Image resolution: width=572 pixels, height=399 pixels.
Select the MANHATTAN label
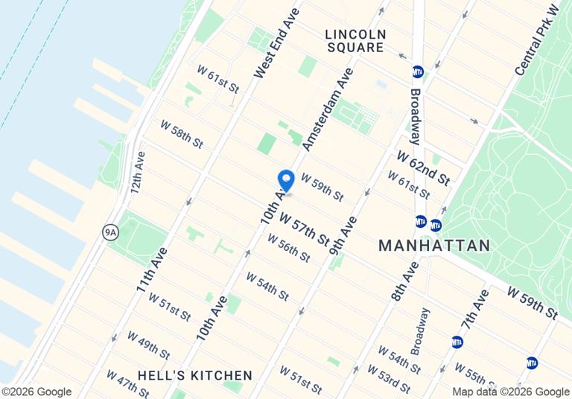click(434, 246)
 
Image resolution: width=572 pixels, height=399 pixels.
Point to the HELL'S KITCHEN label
click(195, 375)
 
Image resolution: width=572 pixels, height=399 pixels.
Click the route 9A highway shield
click(110, 233)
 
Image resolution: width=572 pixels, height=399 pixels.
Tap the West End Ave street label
click(276, 43)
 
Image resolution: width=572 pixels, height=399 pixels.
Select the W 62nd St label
click(423, 168)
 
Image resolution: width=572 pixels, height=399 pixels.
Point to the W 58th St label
click(182, 133)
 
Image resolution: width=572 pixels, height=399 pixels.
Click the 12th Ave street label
click(138, 172)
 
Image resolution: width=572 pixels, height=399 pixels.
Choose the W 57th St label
click(304, 229)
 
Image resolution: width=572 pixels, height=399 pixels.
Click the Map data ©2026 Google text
click(511, 392)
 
